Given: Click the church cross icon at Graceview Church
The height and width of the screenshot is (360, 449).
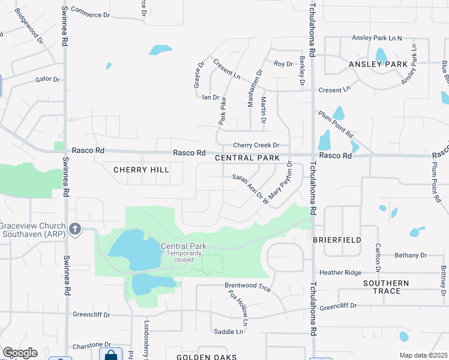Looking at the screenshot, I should pos(74,229).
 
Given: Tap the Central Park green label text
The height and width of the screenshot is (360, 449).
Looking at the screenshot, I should pos(184,246).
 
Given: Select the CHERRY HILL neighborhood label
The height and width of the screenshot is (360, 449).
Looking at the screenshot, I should pos(141,170).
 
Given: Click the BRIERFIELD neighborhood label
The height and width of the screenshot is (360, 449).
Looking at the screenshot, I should pos(337,239).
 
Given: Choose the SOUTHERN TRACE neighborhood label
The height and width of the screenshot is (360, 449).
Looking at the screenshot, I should pos(386,287).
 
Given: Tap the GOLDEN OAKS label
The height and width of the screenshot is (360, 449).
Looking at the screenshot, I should pos(202,357).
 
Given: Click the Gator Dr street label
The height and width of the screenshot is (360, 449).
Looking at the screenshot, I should pos(47,79).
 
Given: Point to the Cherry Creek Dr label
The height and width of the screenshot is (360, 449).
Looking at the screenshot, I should pos(256,145).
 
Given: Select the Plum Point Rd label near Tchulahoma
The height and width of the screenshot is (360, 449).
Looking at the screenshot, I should pos(336,124).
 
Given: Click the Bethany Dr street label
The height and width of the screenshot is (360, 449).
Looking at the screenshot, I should pos(411,255).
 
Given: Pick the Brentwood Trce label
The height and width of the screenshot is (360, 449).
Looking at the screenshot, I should pos(247,289).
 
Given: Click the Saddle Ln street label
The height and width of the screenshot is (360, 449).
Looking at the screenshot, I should pos(229,331).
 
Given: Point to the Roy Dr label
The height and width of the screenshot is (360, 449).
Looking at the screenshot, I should pos(282,63).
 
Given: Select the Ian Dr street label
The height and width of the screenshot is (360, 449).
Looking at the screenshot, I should pos(211,97).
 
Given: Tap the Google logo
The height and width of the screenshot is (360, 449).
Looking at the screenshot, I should pos(20,353).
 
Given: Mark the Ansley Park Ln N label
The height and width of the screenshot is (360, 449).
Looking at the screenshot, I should pos(377,38).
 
